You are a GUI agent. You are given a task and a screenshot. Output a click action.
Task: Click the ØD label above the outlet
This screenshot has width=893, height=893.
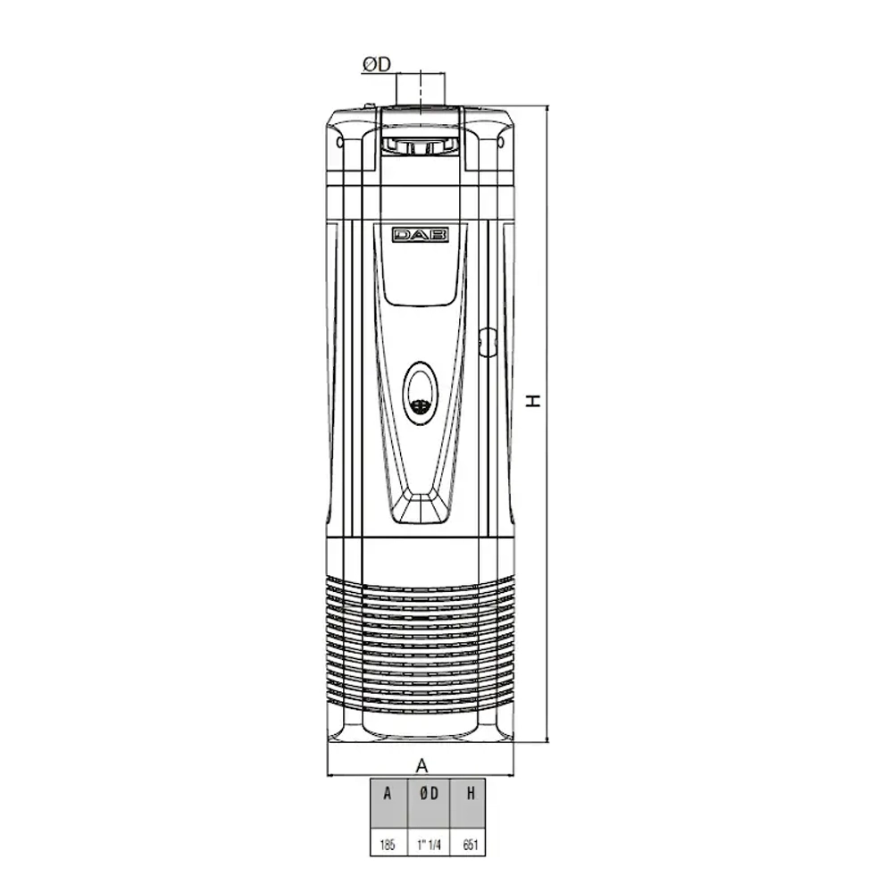375,64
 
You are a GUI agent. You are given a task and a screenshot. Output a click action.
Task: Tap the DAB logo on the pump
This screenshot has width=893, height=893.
421,235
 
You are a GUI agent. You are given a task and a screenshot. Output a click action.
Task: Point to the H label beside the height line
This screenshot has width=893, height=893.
534,401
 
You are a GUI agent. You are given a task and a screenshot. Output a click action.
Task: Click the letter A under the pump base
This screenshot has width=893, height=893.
422,764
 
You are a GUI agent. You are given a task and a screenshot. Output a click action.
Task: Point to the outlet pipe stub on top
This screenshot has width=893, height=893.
421,89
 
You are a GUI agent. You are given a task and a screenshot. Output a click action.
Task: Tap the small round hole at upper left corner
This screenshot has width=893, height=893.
338,142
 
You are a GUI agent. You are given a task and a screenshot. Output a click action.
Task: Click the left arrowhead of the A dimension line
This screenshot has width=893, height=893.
332,774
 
